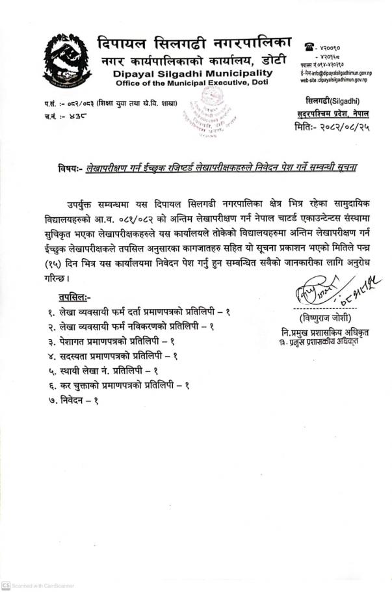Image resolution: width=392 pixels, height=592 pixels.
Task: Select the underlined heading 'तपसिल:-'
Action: coord(72,298)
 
